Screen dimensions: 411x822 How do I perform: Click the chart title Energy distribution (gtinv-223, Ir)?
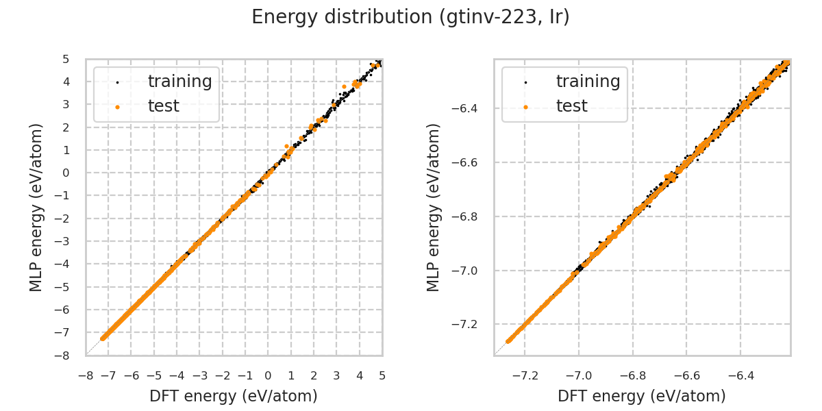coord(410,17)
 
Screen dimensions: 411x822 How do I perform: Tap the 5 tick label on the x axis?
coord(382,375)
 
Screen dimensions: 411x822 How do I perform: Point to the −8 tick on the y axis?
coord(66,356)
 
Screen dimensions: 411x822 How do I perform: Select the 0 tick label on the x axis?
coord(268,375)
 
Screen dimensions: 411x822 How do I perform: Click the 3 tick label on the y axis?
coord(66,104)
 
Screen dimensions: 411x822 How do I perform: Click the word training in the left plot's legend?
coord(179,82)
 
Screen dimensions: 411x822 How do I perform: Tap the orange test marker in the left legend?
coord(117,107)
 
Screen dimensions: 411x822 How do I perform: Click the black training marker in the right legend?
coord(525,82)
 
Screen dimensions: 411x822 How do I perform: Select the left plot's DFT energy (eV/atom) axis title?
coord(234,396)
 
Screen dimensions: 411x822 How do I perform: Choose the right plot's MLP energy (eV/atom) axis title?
coord(434,207)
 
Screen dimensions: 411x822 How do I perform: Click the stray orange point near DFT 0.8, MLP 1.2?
coord(287,146)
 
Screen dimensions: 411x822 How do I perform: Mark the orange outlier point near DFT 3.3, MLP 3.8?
coord(344,86)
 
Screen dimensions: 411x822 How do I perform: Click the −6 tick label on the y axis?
coord(66,310)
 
